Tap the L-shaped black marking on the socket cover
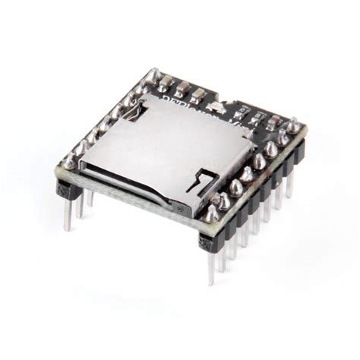(x=204, y=182)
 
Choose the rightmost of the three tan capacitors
(x=198, y=96)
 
